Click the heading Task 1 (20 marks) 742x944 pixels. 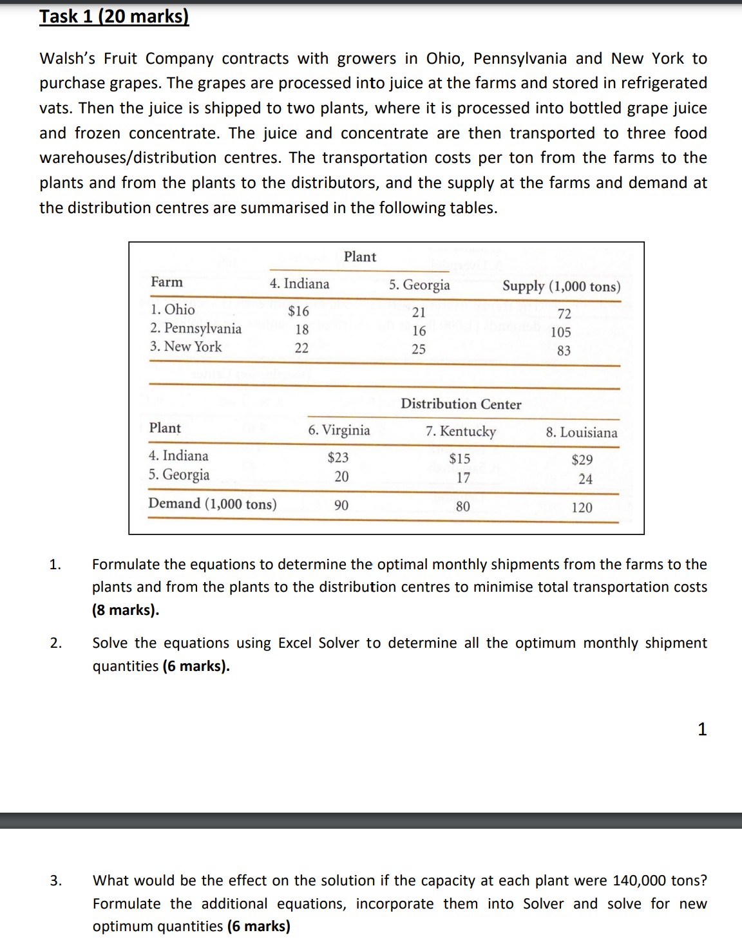(114, 16)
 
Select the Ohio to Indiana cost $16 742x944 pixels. (298, 311)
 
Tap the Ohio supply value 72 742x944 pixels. (564, 314)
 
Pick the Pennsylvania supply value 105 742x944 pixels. (560, 332)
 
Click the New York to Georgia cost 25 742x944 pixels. (419, 349)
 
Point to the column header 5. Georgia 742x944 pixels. (419, 285)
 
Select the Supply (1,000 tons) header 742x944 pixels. (561, 287)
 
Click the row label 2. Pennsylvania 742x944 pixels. (196, 328)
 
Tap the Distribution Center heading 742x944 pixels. (461, 404)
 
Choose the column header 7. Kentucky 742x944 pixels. (461, 431)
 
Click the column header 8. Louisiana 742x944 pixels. (582, 433)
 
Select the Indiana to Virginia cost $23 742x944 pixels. (338, 458)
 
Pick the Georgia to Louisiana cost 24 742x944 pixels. (585, 479)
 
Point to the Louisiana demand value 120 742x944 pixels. (582, 507)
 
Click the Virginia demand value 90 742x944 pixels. (341, 505)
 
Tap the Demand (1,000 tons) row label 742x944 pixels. (213, 504)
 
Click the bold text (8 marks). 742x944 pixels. (126, 610)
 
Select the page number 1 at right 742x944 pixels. (702, 729)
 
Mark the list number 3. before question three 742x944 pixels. (56, 880)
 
